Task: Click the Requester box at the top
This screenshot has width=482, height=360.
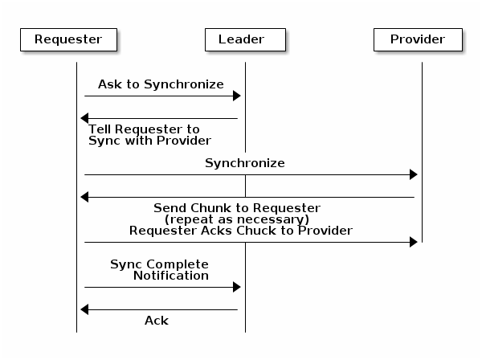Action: [x=68, y=39]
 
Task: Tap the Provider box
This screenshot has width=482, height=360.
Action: [x=418, y=39]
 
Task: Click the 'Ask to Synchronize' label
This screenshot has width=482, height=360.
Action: [x=161, y=84]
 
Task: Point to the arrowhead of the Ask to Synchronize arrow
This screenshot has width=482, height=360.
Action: [x=237, y=96]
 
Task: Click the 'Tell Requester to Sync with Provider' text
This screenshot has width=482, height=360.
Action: [x=149, y=135]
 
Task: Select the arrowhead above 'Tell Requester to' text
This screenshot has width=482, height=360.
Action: [x=84, y=119]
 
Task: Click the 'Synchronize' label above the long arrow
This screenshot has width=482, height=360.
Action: [x=244, y=163]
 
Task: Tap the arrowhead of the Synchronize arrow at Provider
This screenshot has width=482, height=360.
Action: [x=414, y=175]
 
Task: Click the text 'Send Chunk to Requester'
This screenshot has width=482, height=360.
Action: [x=237, y=208]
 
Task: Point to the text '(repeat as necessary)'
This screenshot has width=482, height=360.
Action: [x=237, y=219]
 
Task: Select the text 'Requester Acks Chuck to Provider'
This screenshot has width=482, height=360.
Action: [x=241, y=231]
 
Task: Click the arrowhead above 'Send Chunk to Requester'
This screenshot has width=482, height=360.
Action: [x=84, y=198]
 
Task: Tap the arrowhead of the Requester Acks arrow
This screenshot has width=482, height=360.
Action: [x=414, y=243]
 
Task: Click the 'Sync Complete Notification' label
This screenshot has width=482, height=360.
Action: [x=160, y=270]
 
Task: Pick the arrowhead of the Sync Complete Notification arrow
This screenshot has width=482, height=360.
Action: [x=237, y=288]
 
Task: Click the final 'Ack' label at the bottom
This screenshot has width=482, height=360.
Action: [x=157, y=321]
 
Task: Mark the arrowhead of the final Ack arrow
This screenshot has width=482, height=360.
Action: [x=84, y=310]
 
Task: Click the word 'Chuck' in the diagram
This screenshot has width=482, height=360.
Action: [x=252, y=231]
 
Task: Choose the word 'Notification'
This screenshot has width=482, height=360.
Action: [x=171, y=276]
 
